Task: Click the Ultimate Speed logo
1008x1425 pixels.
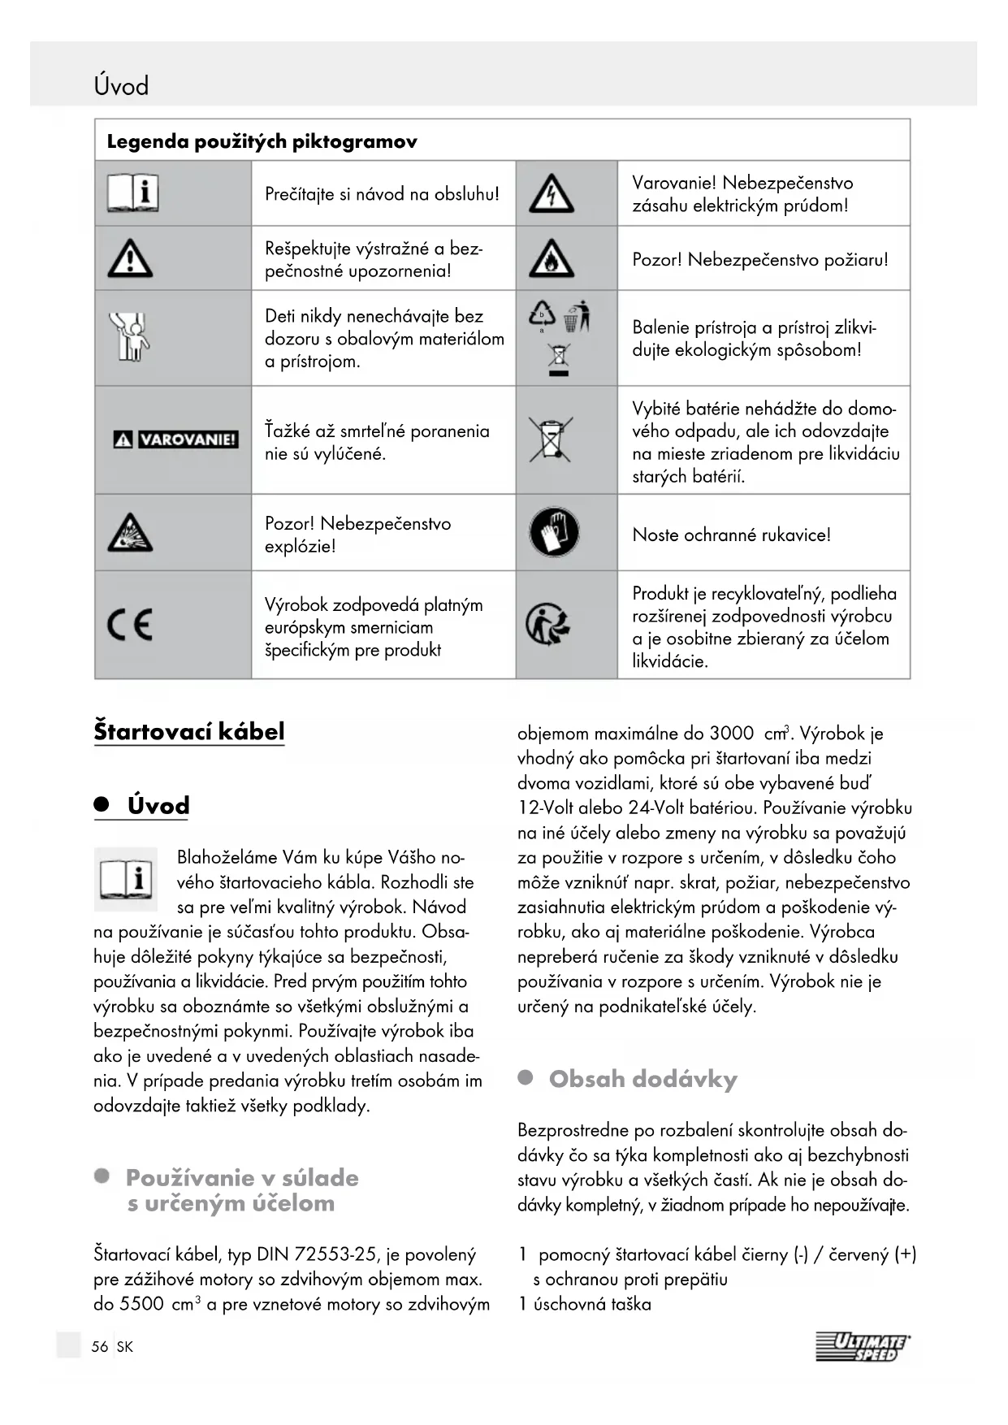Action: [x=863, y=1346]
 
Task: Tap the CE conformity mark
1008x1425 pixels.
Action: [x=130, y=625]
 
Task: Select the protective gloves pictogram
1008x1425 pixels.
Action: [x=554, y=533]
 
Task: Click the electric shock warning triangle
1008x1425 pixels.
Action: [x=552, y=195]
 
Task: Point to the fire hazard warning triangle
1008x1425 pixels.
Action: [x=552, y=259]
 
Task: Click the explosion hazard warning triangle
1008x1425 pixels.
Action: [x=130, y=533]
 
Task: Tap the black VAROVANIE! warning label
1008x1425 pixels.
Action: [x=175, y=440]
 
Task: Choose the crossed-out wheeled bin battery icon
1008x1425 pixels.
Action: [x=551, y=440]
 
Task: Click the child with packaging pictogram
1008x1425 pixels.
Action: [x=130, y=336]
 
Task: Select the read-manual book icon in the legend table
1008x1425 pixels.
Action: [x=132, y=194]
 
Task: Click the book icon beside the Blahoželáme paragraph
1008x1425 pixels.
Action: [x=126, y=878]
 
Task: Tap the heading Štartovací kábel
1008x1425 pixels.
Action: [x=189, y=730]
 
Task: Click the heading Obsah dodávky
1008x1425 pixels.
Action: [x=642, y=1079]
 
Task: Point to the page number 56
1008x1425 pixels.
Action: [x=100, y=1346]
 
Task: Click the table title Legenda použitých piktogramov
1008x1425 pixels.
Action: [x=262, y=141]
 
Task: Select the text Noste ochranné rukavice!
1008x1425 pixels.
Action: [x=731, y=535]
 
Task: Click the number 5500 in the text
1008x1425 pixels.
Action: [x=141, y=1304]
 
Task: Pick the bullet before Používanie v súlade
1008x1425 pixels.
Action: [x=102, y=1176]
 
